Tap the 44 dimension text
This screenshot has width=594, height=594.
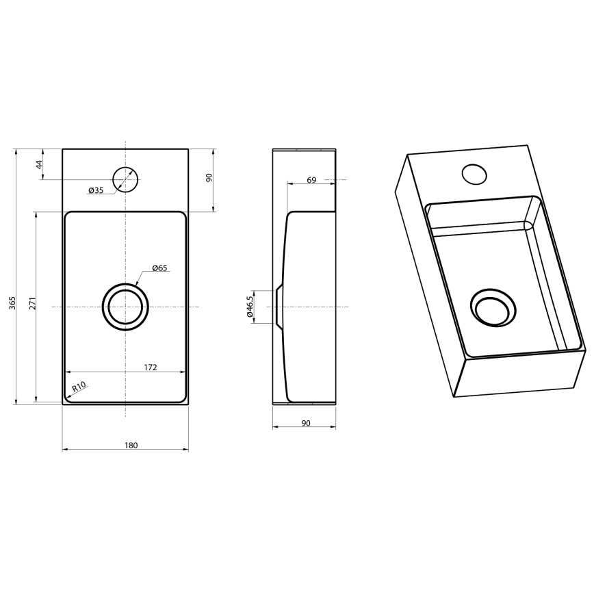click(x=39, y=164)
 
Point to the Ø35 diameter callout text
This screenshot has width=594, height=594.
click(x=96, y=190)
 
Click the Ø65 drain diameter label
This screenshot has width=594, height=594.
click(x=159, y=268)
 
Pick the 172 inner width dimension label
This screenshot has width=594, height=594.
click(x=151, y=367)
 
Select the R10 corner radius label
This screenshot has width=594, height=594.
click(x=79, y=387)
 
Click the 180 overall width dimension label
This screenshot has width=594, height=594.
click(x=131, y=445)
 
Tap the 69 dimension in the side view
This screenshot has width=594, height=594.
click(x=311, y=180)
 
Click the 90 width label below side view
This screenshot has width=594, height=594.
click(x=306, y=424)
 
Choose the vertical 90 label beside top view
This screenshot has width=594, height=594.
click(x=209, y=178)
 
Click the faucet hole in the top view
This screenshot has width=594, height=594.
click(x=125, y=179)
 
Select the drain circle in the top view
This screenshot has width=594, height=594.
click(x=125, y=307)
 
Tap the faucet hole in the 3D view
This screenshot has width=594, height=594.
click(x=474, y=174)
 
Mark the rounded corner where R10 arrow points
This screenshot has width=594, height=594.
click(x=68, y=397)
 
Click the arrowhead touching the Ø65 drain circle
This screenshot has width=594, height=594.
click(x=138, y=284)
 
